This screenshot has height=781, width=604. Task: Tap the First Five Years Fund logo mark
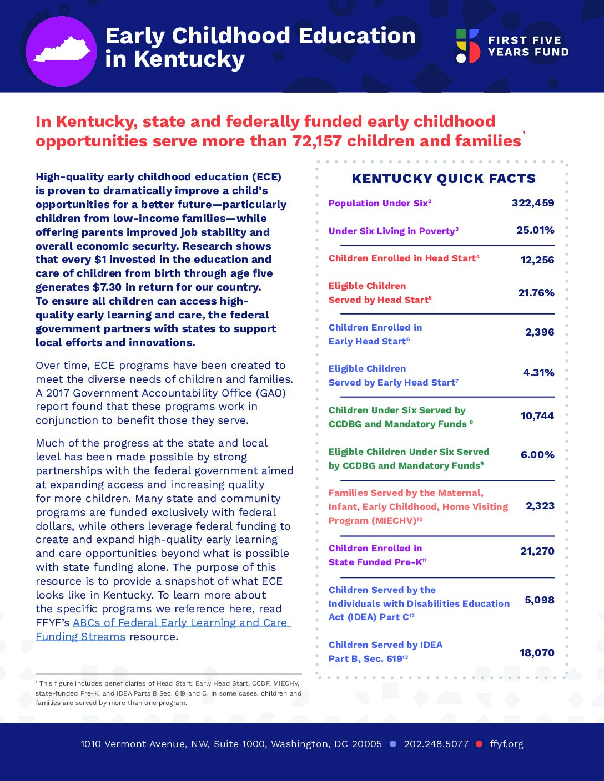(467, 46)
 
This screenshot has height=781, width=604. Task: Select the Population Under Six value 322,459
(532, 203)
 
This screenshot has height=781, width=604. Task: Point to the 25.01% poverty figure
(535, 230)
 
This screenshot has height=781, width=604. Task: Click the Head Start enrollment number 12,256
(537, 260)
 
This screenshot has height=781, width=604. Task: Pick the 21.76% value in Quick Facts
(536, 293)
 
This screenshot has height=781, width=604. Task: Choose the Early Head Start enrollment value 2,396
(540, 332)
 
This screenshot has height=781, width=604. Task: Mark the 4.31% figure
(538, 373)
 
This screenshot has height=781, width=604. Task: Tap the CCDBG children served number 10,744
(537, 416)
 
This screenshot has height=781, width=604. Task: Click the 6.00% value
(537, 455)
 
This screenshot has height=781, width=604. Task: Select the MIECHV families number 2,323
(540, 506)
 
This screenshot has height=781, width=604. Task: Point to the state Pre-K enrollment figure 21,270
(537, 551)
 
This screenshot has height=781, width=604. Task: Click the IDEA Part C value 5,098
(539, 600)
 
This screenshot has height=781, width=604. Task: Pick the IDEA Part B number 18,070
(536, 653)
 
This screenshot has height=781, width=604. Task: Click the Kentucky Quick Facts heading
(444, 179)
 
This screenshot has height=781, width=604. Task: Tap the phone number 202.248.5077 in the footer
(436, 744)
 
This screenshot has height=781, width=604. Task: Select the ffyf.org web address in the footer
(506, 744)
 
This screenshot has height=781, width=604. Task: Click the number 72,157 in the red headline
(317, 141)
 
